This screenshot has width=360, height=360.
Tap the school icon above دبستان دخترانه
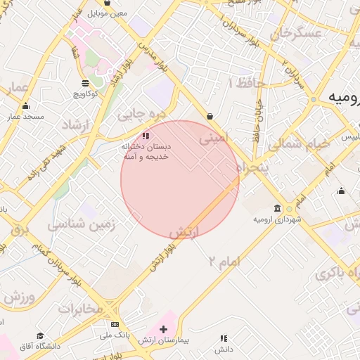point(146,135)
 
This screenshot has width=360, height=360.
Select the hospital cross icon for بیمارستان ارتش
point(164,329)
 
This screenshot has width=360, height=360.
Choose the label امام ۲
point(224,262)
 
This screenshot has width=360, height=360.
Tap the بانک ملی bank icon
point(115,324)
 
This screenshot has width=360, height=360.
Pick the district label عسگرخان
point(300,34)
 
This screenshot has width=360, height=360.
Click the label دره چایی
point(143,112)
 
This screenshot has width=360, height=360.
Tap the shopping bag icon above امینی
point(210,117)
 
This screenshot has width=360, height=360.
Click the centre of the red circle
point(180,179)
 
